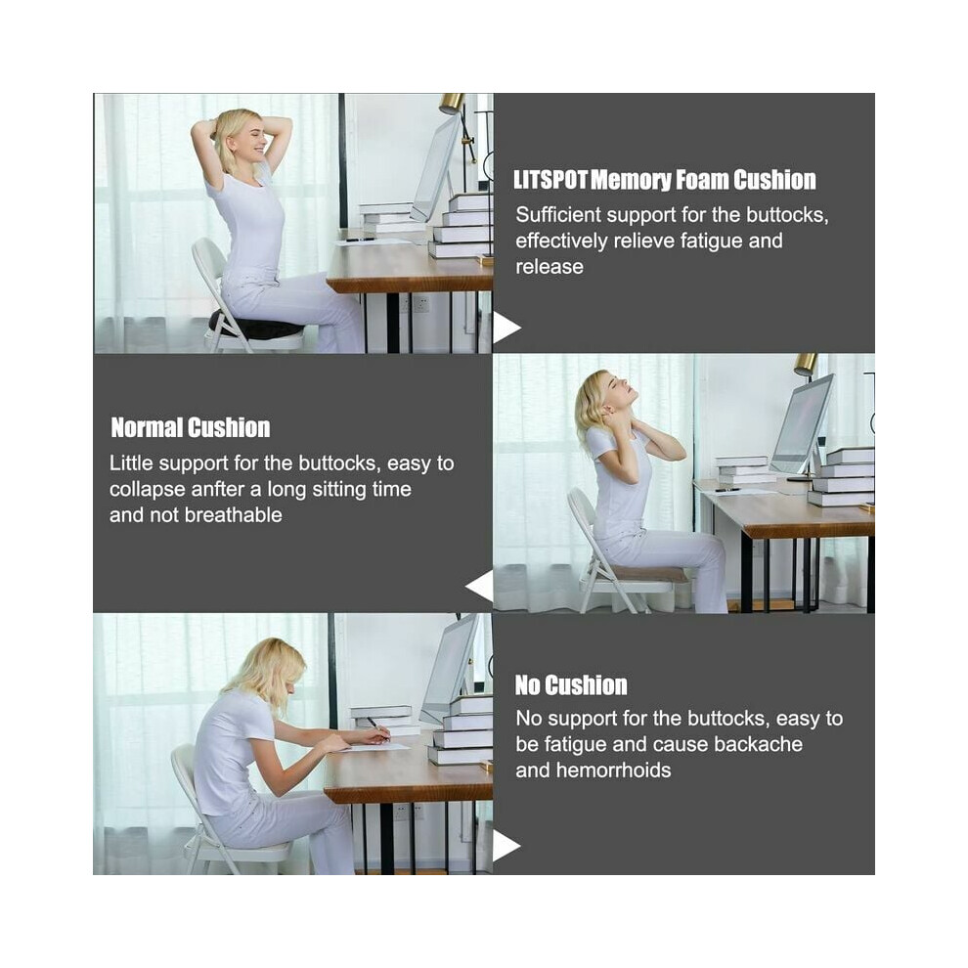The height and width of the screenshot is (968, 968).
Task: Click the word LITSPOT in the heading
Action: tap(550, 180)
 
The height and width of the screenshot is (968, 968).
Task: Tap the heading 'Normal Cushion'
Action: tap(190, 427)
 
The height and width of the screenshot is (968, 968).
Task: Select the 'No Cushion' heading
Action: tap(571, 685)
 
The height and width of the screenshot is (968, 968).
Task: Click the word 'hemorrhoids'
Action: tap(613, 770)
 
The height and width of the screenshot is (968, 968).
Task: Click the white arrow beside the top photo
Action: tap(506, 328)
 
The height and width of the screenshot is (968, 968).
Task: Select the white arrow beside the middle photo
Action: tap(480, 586)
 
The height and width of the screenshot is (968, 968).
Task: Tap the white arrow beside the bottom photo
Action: tap(506, 846)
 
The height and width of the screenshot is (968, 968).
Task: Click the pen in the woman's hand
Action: tap(377, 727)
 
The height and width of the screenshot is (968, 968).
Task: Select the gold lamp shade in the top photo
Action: tap(453, 103)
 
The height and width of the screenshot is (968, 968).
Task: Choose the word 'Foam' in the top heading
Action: tap(702, 180)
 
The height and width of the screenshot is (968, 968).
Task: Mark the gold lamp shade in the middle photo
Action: tap(806, 364)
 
